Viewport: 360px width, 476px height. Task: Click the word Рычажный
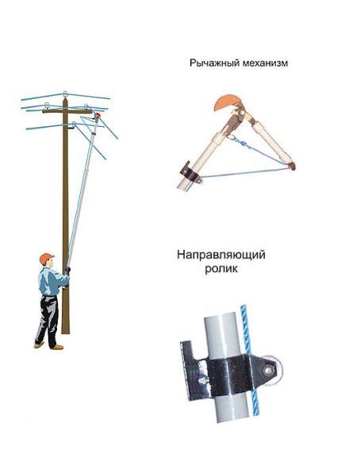[215, 63]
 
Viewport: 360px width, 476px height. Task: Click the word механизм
[266, 63]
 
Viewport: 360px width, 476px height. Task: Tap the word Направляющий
[221, 255]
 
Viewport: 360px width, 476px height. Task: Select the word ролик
[221, 269]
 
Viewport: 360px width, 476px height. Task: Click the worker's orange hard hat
[46, 259]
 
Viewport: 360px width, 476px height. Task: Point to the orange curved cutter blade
[225, 103]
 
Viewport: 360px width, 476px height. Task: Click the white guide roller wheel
[274, 370]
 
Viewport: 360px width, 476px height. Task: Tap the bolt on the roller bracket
[267, 370]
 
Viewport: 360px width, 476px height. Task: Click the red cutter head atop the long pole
[97, 116]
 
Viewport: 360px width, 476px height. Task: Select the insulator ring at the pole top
[65, 93]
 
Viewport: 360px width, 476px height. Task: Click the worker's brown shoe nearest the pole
[58, 347]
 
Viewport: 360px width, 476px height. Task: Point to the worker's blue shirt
[50, 281]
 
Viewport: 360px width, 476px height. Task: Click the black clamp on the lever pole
[190, 174]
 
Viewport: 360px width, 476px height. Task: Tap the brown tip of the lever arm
[291, 166]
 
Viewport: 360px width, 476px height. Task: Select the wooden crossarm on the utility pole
[67, 111]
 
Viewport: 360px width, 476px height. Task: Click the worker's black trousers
[48, 321]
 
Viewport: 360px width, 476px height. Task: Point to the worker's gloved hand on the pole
[67, 270]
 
